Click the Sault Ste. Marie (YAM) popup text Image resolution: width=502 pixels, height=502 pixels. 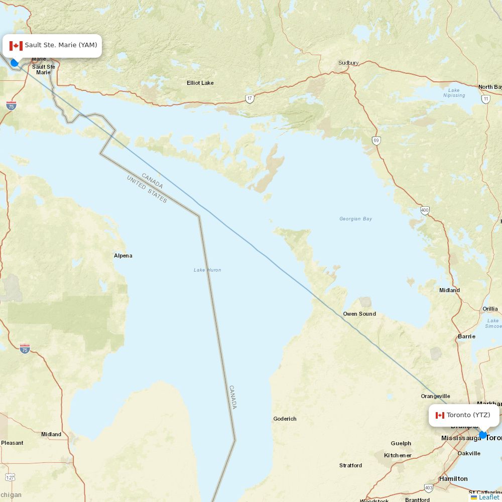(x=61, y=45)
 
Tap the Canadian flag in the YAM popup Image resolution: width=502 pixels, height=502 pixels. (x=16, y=46)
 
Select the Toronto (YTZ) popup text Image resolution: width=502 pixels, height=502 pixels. (x=468, y=415)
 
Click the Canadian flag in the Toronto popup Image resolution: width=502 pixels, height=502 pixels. (x=440, y=415)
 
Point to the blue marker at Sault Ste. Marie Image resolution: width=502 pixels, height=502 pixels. (x=15, y=63)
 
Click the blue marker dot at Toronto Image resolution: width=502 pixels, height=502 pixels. (x=483, y=435)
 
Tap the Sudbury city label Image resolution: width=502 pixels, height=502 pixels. (x=348, y=63)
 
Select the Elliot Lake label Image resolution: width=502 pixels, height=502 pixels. (x=200, y=83)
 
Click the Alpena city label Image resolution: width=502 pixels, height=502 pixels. (x=123, y=256)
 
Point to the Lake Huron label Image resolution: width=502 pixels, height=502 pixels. (x=207, y=270)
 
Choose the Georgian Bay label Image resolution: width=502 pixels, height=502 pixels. (x=355, y=219)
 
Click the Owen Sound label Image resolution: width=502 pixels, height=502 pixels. (x=359, y=314)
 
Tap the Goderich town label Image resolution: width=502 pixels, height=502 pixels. (x=285, y=419)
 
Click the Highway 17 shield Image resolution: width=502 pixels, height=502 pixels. (x=249, y=99)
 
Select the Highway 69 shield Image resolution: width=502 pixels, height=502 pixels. (x=376, y=141)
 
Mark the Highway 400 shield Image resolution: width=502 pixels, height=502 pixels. (x=425, y=210)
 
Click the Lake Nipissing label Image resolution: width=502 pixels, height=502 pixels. (x=454, y=93)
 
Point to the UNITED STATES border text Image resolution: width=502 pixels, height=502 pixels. (x=147, y=189)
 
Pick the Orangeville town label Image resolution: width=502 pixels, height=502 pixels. (x=435, y=396)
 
